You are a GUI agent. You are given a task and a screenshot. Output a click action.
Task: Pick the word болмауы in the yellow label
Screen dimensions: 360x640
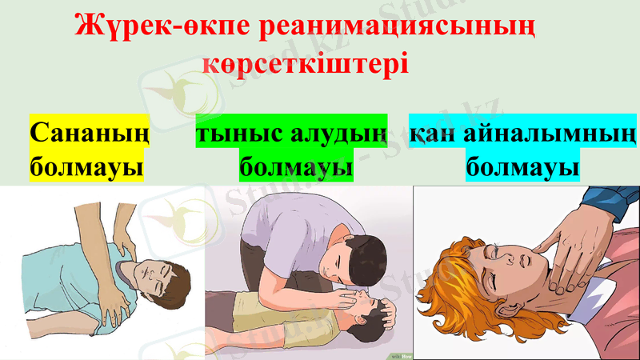pos(86,168)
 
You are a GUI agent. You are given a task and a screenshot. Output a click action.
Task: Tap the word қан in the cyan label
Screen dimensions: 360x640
pos(432,133)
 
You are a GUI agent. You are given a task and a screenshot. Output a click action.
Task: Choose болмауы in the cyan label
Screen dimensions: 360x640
pos(522,168)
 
